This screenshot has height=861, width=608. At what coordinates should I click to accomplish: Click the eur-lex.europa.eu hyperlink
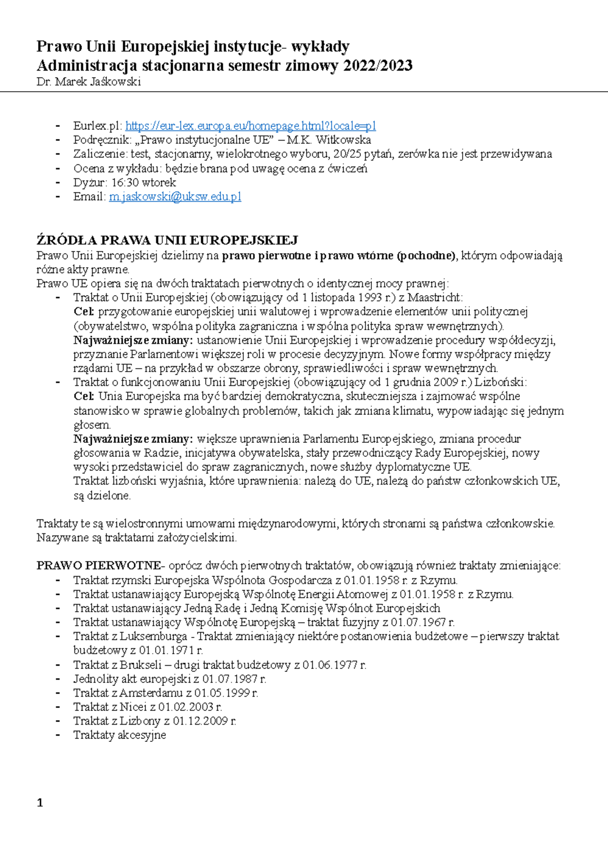(x=250, y=126)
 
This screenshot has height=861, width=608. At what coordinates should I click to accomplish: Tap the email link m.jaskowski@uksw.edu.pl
(x=175, y=197)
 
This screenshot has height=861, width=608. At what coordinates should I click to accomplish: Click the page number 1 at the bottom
(x=40, y=803)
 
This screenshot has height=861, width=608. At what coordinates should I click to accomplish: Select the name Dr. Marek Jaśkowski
(x=89, y=82)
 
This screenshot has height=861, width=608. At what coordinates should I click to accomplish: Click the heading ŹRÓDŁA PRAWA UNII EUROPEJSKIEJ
(x=167, y=240)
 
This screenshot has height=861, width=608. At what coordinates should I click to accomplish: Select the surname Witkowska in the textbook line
(x=343, y=140)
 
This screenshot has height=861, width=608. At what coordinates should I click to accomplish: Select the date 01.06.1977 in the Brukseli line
(x=330, y=665)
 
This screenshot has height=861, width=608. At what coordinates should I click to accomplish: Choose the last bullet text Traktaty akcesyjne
(x=120, y=735)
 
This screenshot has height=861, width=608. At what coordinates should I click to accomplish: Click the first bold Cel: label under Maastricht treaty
(x=84, y=311)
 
